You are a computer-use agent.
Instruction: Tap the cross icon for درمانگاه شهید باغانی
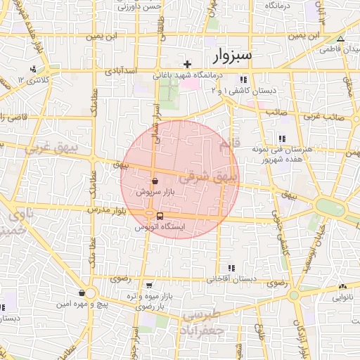pos(187,65)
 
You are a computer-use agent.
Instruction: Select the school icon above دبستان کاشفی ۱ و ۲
pos(243,79)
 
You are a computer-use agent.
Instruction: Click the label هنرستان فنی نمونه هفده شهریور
pos(307,155)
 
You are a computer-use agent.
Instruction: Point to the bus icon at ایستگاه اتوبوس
pos(160,216)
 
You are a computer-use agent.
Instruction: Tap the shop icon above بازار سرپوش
pos(155,180)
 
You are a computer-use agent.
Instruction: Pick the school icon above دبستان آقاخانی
pos(231,268)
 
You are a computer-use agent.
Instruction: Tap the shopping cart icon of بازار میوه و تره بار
pos(150,285)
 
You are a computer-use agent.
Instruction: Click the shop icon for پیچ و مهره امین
pos(82,293)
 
